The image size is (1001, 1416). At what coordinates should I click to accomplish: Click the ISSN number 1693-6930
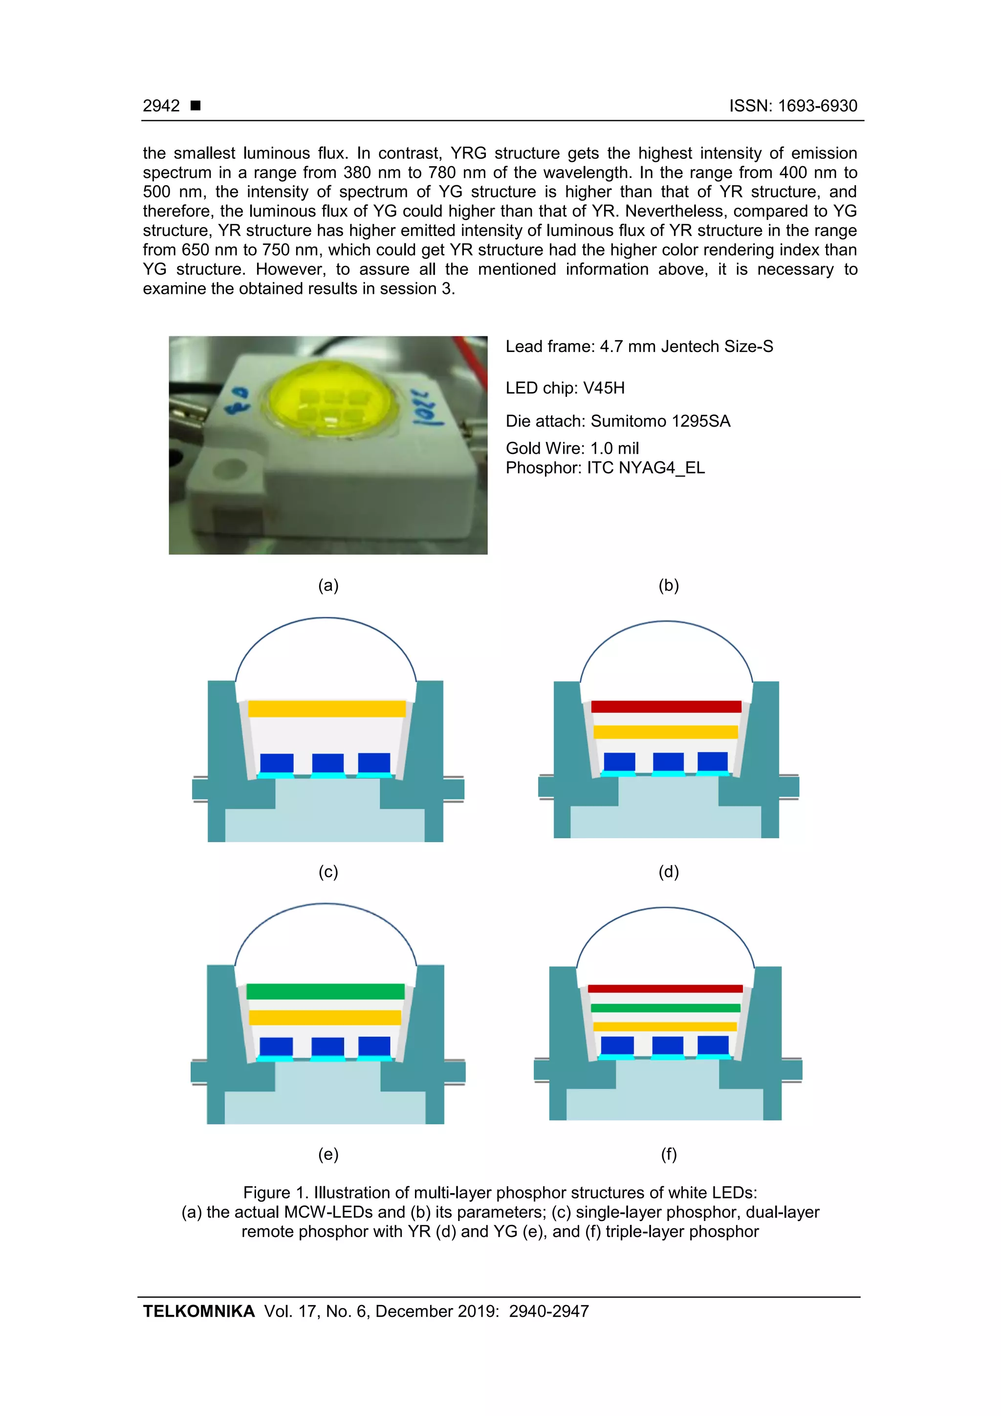[x=817, y=106]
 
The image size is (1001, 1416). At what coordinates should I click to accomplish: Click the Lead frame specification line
[x=639, y=347]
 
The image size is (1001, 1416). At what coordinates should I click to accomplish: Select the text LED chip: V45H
[x=565, y=388]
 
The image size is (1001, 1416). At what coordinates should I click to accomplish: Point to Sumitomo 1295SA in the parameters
[x=660, y=421]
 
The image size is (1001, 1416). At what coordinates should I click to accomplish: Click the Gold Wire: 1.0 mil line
[x=572, y=448]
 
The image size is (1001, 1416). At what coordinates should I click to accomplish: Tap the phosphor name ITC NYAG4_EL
[x=646, y=468]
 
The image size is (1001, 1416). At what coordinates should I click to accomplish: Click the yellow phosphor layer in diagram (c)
[x=326, y=709]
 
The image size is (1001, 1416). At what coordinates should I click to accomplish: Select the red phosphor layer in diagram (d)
[x=666, y=707]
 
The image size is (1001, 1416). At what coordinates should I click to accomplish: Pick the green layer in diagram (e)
[x=325, y=992]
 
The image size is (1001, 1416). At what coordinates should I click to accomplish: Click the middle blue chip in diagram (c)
[x=327, y=763]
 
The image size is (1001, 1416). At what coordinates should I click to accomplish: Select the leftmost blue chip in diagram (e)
[x=276, y=1046]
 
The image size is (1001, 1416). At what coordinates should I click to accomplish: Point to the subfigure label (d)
[x=669, y=871]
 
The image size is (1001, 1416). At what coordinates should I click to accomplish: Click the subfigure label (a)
[x=328, y=585]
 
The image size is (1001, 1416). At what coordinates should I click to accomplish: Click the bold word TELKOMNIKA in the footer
[x=198, y=1311]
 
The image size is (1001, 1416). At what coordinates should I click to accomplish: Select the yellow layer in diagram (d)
[x=666, y=732]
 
